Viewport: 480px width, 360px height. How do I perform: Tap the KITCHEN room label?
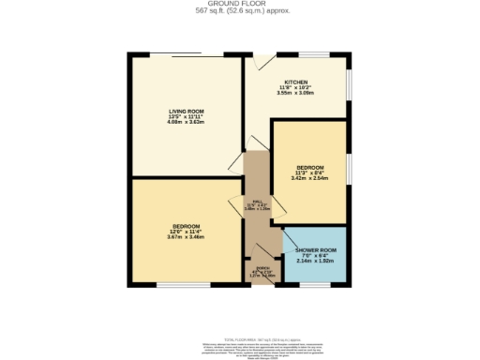click(296, 82)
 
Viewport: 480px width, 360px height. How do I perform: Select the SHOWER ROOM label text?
click(314, 250)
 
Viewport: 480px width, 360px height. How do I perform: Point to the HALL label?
click(250, 202)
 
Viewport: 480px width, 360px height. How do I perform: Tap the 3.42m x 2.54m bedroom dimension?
click(310, 177)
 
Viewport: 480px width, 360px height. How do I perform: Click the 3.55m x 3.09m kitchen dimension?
click(296, 93)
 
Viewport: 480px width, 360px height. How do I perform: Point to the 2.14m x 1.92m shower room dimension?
click(314, 262)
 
